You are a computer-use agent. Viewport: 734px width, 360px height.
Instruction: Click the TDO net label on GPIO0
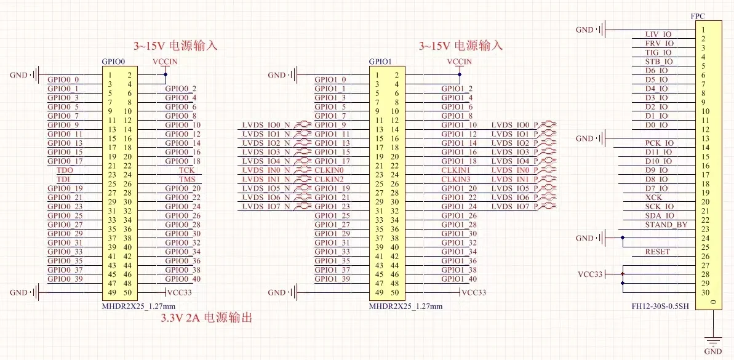[64, 170]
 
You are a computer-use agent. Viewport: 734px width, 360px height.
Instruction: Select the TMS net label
[187, 179]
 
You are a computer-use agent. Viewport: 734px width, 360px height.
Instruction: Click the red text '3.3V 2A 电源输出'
[207, 318]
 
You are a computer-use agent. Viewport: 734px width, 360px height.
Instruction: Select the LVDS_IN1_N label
[267, 179]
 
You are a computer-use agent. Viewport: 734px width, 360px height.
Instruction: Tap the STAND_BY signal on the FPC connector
[666, 225]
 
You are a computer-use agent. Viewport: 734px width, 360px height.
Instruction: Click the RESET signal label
[658, 252]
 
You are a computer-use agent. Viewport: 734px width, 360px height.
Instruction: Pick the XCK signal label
[653, 197]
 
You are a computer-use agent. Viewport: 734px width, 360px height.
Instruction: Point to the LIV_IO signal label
[658, 34]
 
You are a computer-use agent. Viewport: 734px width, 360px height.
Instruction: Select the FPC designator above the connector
[698, 16]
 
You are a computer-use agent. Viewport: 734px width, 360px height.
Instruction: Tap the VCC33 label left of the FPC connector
[591, 274]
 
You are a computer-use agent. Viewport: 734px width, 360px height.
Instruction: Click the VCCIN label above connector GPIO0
[166, 62]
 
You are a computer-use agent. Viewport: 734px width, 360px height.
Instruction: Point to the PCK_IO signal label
[659, 143]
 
